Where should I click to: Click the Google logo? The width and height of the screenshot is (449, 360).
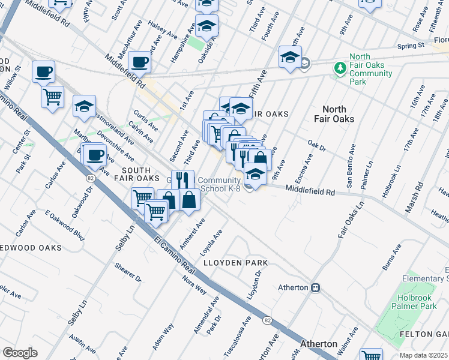tap(20, 352)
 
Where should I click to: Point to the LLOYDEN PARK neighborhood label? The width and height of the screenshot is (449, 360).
tap(235, 263)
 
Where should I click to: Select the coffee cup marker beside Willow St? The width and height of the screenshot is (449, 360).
tap(44, 72)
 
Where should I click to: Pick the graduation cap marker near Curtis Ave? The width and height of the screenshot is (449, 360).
tap(84, 106)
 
